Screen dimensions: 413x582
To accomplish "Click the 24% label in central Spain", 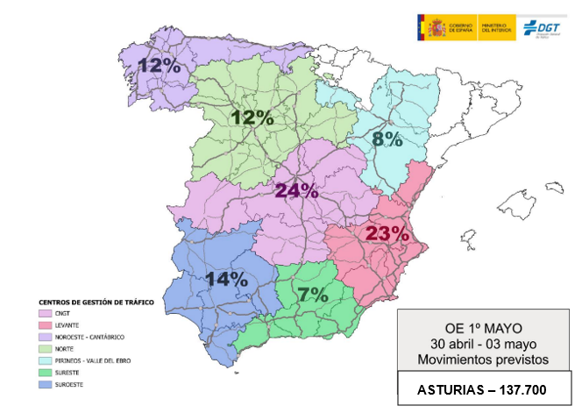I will tap(296, 190).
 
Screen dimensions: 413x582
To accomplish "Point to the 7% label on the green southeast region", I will tap(312, 294).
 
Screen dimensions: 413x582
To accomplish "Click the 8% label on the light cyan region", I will tap(386, 139).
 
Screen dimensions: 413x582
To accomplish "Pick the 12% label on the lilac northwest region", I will tap(158, 66).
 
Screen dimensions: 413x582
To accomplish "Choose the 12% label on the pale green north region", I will tap(252, 117).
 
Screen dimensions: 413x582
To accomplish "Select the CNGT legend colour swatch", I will tap(44, 312).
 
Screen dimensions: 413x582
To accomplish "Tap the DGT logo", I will tap(544, 26).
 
